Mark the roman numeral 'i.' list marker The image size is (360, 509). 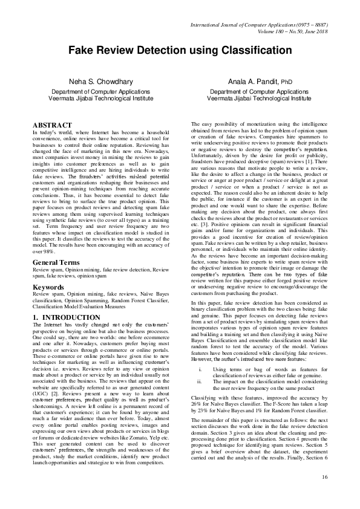point(200,368)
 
